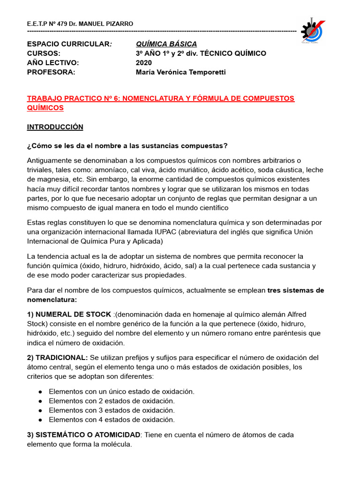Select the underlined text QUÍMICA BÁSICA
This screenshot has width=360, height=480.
click(x=166, y=44)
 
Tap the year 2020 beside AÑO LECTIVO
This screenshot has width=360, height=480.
click(x=144, y=62)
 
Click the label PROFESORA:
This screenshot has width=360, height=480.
click(x=51, y=72)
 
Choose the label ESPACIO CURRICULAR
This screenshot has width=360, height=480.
click(x=68, y=44)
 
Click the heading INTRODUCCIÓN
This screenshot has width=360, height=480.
click(x=55, y=127)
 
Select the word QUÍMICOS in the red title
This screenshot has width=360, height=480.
click(x=45, y=108)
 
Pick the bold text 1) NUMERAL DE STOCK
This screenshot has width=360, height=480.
click(x=69, y=314)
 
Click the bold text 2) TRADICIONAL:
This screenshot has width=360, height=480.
click(x=57, y=358)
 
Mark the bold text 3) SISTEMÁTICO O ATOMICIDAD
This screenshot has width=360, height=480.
click(x=84, y=435)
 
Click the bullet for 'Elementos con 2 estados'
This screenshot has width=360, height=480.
click(x=41, y=401)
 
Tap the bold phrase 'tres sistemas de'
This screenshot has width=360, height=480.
click(x=295, y=290)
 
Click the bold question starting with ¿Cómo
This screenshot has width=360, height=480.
click(x=127, y=146)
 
